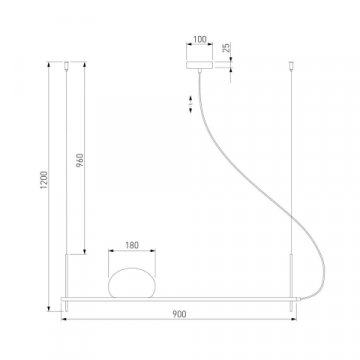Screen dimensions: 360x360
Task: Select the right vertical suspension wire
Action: [x=295, y=160]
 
